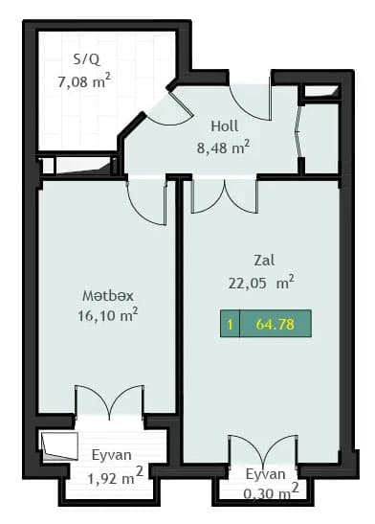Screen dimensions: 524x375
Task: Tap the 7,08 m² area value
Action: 84,83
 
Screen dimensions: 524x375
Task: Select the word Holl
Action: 225,125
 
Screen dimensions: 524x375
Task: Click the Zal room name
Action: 264,260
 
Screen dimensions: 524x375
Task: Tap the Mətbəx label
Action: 109,293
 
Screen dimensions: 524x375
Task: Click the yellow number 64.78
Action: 275,325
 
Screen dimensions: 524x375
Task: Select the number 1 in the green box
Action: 230,325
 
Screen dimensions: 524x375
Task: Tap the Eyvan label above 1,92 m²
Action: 112,455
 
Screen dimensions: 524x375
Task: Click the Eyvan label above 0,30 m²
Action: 265,474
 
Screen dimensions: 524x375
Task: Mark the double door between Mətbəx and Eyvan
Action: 109,402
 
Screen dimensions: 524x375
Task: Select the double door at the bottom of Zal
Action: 262,452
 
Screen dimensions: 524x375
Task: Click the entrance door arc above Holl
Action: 249,101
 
